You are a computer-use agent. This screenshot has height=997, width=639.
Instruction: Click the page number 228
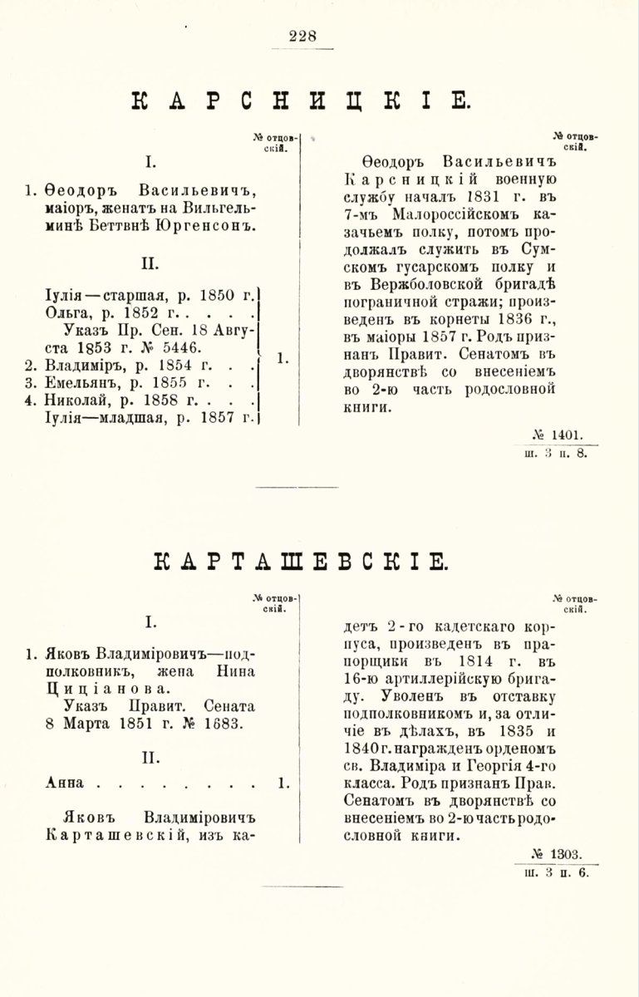point(303,36)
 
